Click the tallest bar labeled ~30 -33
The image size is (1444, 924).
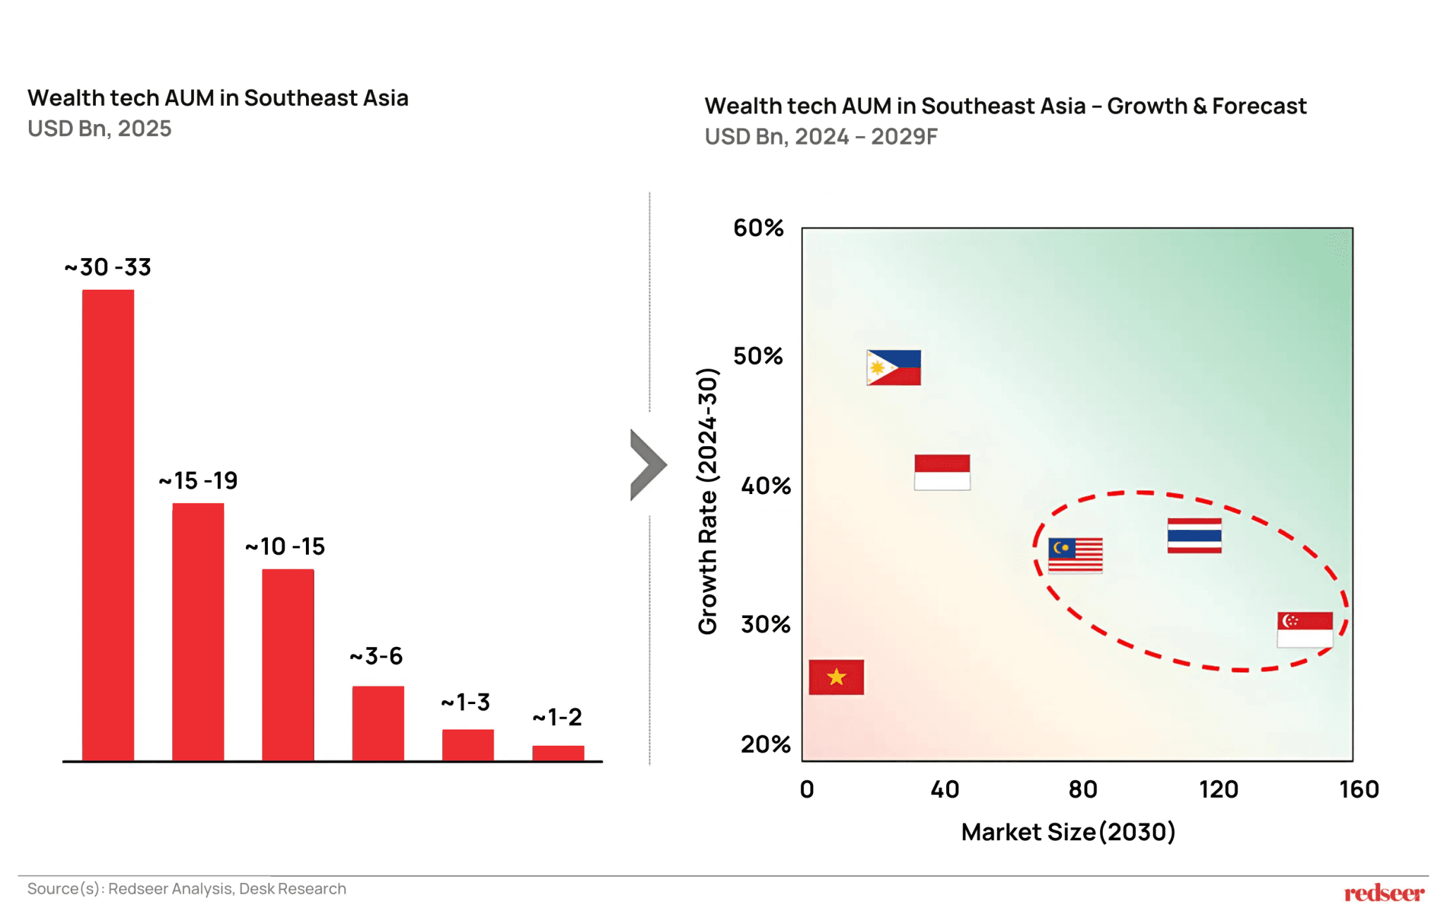point(108,525)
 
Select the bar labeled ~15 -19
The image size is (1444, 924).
point(198,632)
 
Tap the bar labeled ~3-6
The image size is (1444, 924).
point(378,723)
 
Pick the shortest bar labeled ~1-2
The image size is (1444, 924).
point(558,753)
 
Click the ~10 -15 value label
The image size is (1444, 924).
point(285,546)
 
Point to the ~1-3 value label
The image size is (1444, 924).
point(465,702)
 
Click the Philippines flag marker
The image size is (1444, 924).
point(893,367)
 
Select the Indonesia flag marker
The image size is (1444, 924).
point(942,472)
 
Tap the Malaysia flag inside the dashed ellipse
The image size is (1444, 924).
point(1075,555)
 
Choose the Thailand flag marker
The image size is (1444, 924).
point(1194,536)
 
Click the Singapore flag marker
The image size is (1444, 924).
point(1304,629)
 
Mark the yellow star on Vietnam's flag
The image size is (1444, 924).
point(836,677)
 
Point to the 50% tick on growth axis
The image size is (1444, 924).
point(758,356)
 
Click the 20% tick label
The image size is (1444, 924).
point(765,744)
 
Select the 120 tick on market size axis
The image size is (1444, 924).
point(1218,789)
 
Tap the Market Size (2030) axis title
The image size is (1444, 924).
point(1067,832)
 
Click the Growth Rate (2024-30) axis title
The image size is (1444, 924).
point(707,500)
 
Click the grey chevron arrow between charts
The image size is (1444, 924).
point(647,464)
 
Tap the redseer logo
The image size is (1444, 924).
point(1383,894)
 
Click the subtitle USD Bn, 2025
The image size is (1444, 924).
point(99,128)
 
